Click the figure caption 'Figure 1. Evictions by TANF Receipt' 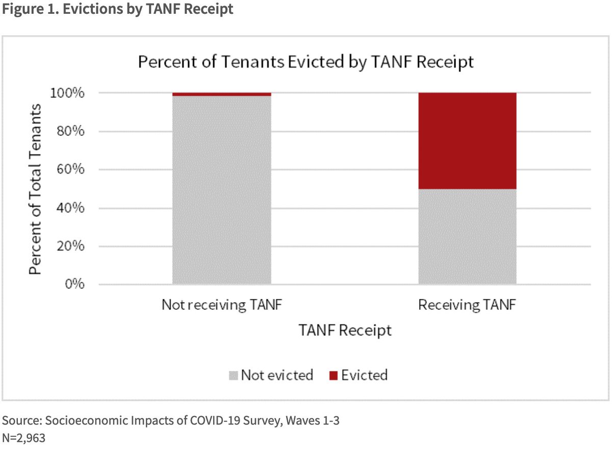(117, 10)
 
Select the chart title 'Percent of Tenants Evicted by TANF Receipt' (307, 62)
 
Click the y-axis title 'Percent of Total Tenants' (35, 189)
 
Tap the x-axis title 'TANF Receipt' (345, 331)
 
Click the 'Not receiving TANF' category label (222, 306)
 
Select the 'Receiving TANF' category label (467, 306)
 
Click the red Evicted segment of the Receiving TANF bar (467, 141)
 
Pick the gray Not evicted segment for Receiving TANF (467, 236)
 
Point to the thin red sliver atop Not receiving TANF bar (222, 94)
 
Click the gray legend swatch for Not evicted (234, 376)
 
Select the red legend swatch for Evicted (334, 376)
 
